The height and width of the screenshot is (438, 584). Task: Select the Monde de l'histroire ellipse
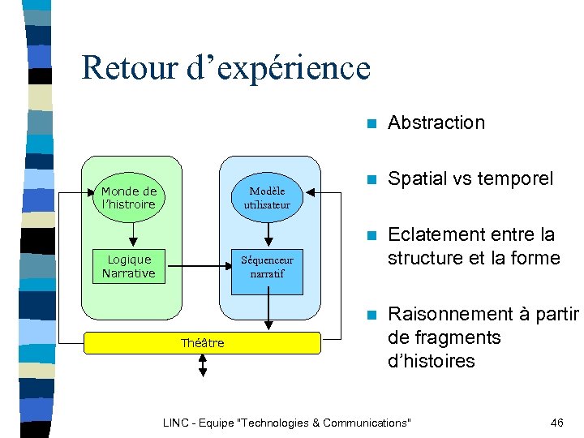click(x=129, y=198)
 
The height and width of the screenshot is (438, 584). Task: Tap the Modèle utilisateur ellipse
click(x=267, y=198)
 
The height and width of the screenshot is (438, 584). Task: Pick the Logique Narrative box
click(x=129, y=266)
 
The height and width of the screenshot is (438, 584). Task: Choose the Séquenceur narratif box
click(x=267, y=267)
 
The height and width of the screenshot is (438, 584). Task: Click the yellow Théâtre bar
click(x=203, y=343)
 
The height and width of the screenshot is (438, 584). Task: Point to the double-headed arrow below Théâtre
click(x=203, y=366)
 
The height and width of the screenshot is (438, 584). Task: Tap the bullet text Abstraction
click(x=436, y=123)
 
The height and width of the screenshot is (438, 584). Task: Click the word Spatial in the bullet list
click(x=417, y=179)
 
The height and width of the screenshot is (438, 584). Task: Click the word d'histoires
click(x=431, y=361)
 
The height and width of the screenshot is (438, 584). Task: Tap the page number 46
click(x=556, y=423)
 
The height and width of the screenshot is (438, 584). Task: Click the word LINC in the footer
click(x=175, y=423)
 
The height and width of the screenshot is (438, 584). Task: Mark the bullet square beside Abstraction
click(x=370, y=124)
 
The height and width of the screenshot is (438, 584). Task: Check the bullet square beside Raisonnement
click(x=370, y=315)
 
